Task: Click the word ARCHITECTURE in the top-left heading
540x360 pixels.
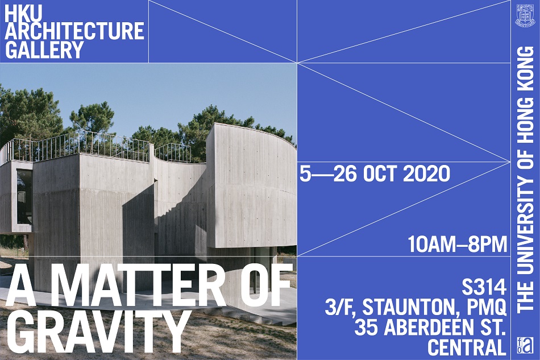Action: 74,30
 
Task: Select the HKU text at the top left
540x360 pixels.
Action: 24,12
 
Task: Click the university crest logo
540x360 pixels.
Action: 525,15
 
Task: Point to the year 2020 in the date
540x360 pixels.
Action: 426,173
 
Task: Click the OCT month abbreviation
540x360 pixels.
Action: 380,173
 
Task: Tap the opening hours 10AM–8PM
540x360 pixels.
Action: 457,244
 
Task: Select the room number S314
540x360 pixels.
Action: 484,287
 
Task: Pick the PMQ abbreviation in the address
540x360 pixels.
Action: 489,308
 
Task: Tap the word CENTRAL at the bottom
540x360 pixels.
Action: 467,347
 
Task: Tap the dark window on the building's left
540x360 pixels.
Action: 24,196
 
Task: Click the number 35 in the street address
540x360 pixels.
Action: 366,328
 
